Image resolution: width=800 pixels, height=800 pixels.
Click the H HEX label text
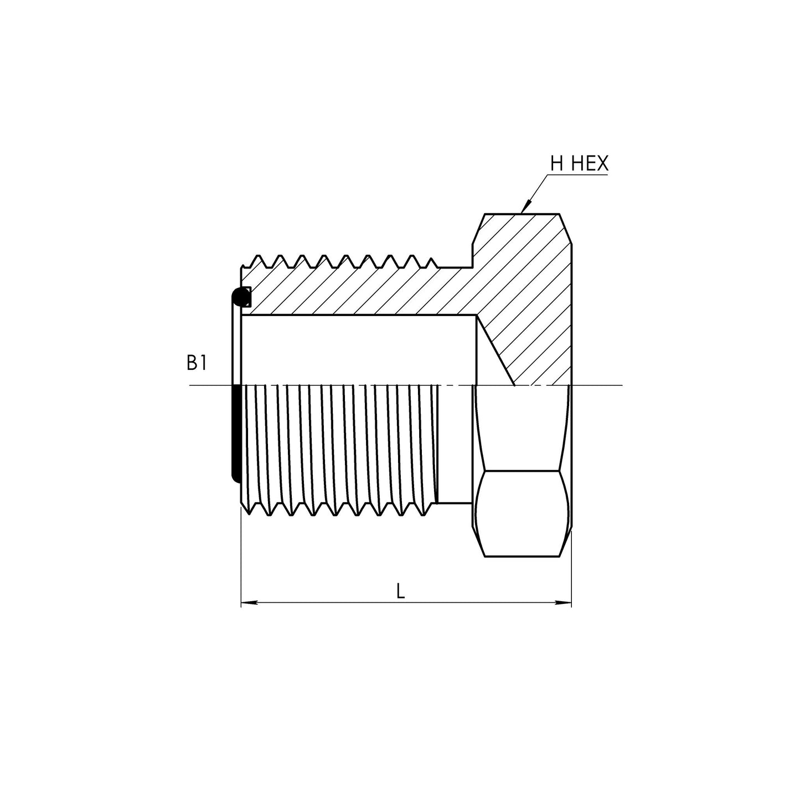(579, 163)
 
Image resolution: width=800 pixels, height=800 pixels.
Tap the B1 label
(197, 363)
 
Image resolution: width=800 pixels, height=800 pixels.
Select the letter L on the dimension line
(400, 591)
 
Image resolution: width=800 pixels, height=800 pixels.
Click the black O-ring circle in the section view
(240, 296)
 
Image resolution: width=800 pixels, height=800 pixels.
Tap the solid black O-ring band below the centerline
(235, 434)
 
